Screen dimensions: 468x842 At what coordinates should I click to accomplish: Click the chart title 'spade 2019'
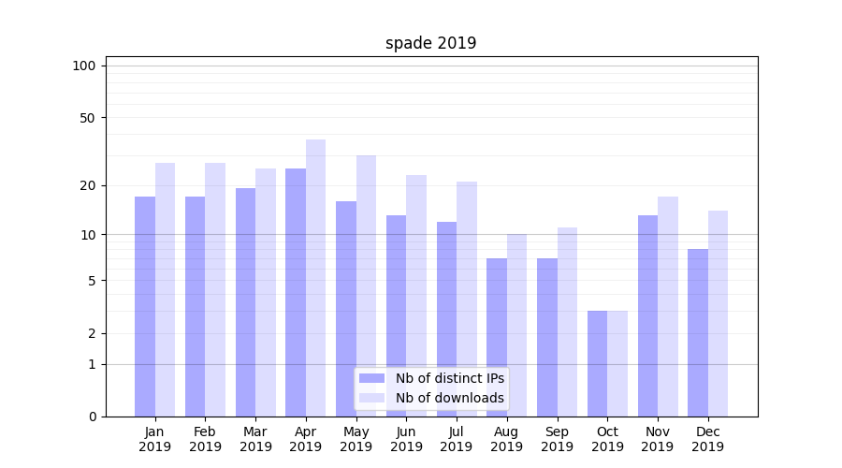pos(430,43)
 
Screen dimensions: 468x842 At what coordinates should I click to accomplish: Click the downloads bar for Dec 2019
pos(718,314)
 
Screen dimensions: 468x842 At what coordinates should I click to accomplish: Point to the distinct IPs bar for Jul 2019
pos(446,319)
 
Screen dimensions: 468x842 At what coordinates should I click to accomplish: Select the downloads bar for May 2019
pos(366,285)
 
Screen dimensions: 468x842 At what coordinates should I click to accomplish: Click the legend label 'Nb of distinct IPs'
pos(450,378)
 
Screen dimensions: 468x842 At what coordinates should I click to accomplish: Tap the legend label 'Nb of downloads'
pos(450,398)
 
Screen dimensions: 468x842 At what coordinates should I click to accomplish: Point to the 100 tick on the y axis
pos(84,66)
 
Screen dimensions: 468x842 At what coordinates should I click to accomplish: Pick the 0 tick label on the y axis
pos(92,417)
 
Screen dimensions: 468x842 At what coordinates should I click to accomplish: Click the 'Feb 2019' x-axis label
pos(205,439)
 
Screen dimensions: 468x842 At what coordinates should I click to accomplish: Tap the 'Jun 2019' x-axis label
pos(406,439)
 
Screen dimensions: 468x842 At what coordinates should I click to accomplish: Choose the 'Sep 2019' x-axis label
pos(557,439)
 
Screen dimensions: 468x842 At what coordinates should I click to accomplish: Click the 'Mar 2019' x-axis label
pos(255,439)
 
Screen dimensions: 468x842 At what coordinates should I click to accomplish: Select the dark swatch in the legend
pos(372,378)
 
